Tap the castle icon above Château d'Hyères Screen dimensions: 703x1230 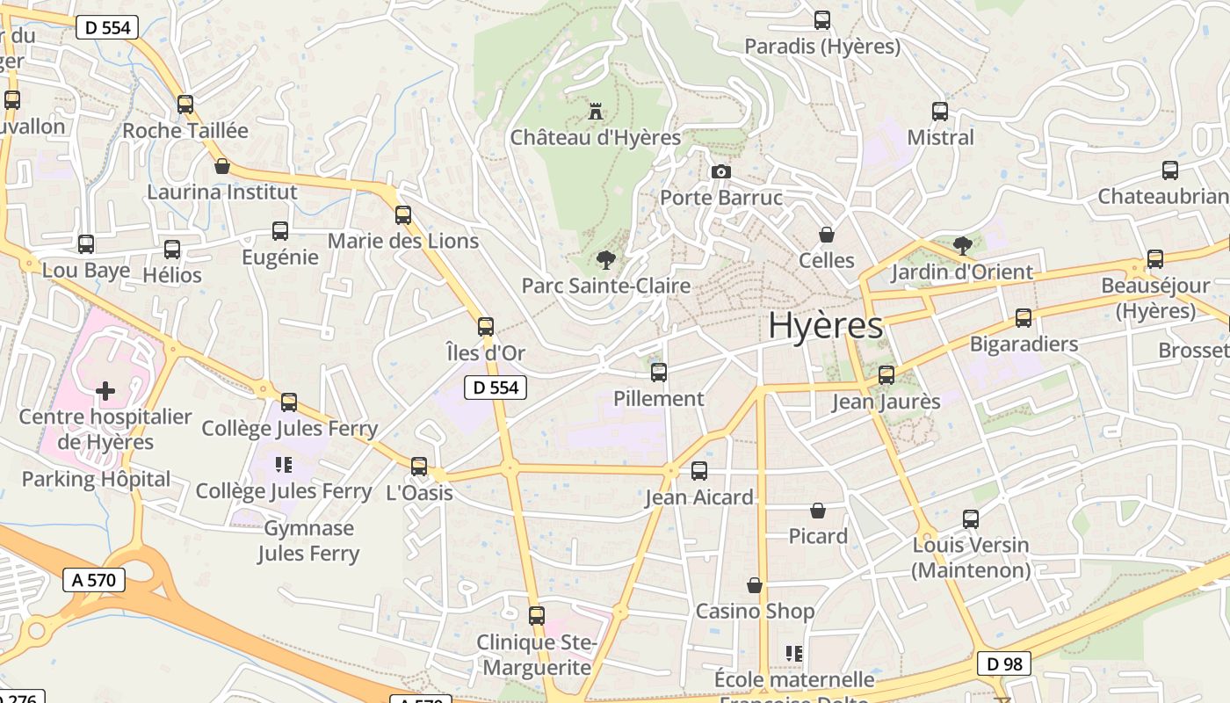coord(596,112)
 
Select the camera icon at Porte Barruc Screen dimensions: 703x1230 coord(721,171)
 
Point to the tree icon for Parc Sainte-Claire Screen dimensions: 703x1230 coord(604,259)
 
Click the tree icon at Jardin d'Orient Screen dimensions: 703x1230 coord(962,245)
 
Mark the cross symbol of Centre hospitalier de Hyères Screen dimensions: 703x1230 coord(105,390)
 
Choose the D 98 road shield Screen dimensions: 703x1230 coord(1004,663)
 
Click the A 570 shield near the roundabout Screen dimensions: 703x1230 coord(94,580)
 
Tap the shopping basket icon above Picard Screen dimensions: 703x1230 coord(818,511)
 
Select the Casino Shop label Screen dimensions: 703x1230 coord(755,611)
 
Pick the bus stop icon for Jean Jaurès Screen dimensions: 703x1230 coord(886,375)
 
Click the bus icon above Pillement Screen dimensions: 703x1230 coord(659,373)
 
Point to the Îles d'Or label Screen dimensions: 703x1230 coord(486,353)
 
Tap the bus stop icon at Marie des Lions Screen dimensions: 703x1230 coord(403,214)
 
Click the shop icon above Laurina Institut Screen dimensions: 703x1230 coord(222,166)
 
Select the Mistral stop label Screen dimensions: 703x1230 coord(940,138)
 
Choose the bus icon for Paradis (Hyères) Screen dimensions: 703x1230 coord(822,19)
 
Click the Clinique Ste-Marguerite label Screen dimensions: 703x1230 coord(537,655)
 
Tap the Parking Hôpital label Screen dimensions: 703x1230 coord(97,479)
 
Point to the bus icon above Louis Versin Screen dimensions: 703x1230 coord(971,519)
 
